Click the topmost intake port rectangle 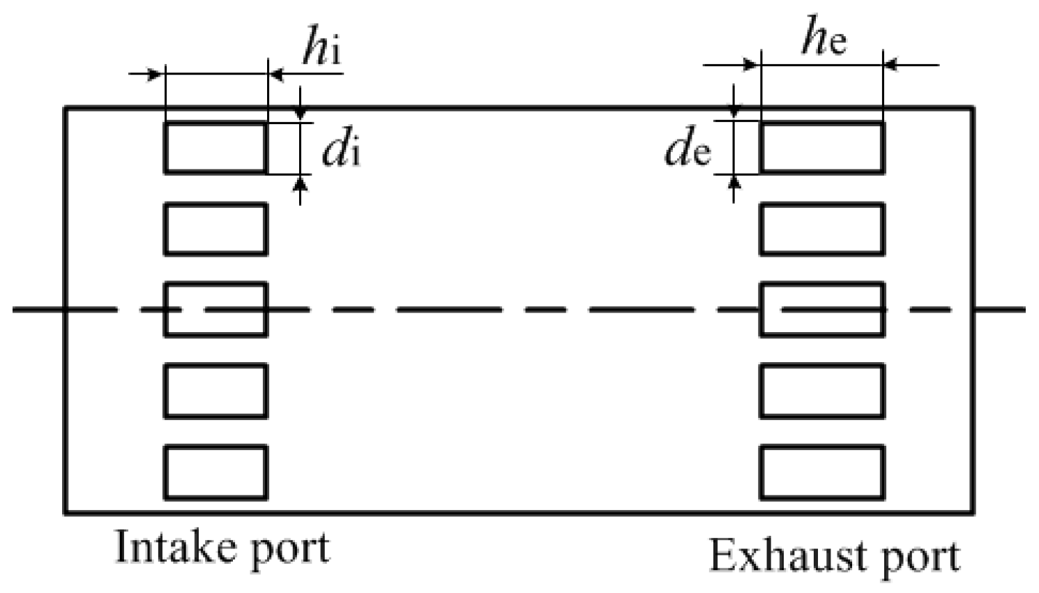(x=215, y=147)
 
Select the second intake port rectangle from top (x=215, y=229)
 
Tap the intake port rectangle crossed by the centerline (x=215, y=309)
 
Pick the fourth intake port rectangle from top (x=215, y=391)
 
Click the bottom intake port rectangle (x=215, y=472)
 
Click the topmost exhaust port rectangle (x=821, y=147)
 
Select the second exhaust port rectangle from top (x=821, y=229)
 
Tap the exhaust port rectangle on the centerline (x=821, y=309)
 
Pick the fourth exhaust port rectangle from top (x=821, y=391)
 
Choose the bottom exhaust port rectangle (x=821, y=472)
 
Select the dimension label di (x=341, y=149)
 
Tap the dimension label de (x=687, y=149)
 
